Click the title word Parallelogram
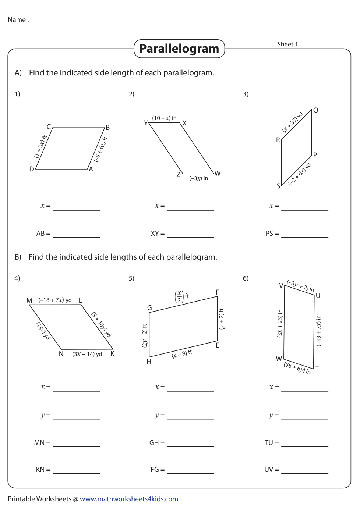(179, 49)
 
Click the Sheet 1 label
(287, 44)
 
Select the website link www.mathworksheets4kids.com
(129, 499)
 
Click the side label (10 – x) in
(164, 118)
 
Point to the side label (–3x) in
(199, 178)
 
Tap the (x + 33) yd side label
(293, 122)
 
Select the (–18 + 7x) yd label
(55, 300)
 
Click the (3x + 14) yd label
(87, 354)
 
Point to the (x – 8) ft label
(182, 354)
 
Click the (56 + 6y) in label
(297, 367)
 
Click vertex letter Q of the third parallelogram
(315, 110)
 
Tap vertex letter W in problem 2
(218, 174)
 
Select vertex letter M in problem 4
(29, 301)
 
